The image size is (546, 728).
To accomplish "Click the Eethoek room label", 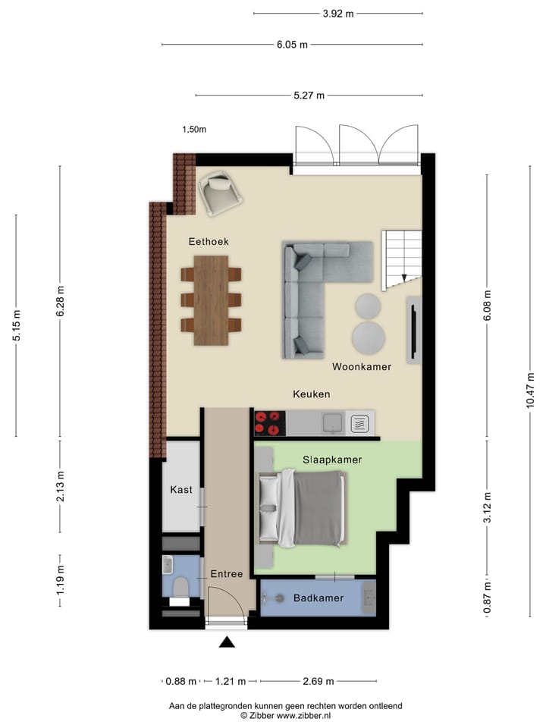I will (209, 241).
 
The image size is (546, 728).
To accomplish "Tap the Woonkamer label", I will (362, 367).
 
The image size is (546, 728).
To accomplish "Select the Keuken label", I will (312, 394).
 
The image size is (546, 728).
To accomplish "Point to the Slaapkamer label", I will (331, 460).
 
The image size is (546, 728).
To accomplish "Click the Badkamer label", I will (318, 598).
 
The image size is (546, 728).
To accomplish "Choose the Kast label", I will (180, 490).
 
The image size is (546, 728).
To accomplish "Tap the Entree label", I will (227, 574).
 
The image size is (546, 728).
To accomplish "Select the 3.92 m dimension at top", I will (339, 14).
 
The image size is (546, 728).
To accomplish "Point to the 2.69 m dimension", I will (318, 681).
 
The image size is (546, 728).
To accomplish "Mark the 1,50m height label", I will (194, 130).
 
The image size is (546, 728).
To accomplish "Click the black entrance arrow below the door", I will (227, 643).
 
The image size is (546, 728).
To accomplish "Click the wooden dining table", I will (211, 300).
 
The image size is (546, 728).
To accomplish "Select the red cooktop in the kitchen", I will (270, 422).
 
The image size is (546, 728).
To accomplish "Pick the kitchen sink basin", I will (331, 422).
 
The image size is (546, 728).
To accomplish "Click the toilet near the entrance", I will (180, 588).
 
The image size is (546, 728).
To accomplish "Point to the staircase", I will (403, 258).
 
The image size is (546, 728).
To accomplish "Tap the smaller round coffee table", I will (369, 306).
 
